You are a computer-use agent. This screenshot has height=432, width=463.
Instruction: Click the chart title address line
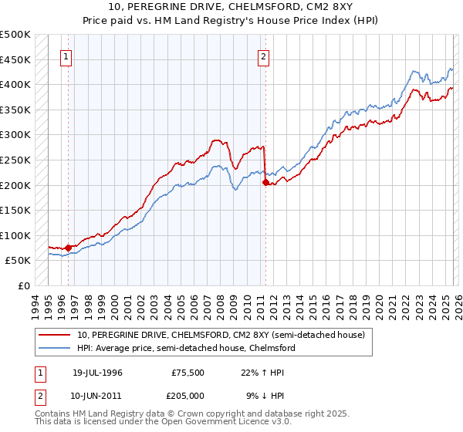(x=231, y=7)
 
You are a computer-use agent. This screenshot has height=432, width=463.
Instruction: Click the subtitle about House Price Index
(x=231, y=20)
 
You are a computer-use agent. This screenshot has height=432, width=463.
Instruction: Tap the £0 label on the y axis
(x=23, y=285)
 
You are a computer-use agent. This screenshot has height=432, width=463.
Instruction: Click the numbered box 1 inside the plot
(x=66, y=56)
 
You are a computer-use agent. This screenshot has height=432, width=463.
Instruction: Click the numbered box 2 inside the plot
(x=264, y=56)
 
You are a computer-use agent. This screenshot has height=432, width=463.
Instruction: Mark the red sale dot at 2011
(x=265, y=183)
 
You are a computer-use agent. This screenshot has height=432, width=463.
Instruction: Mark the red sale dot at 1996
(x=68, y=248)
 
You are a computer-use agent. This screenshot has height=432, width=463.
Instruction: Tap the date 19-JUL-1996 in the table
(x=97, y=372)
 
